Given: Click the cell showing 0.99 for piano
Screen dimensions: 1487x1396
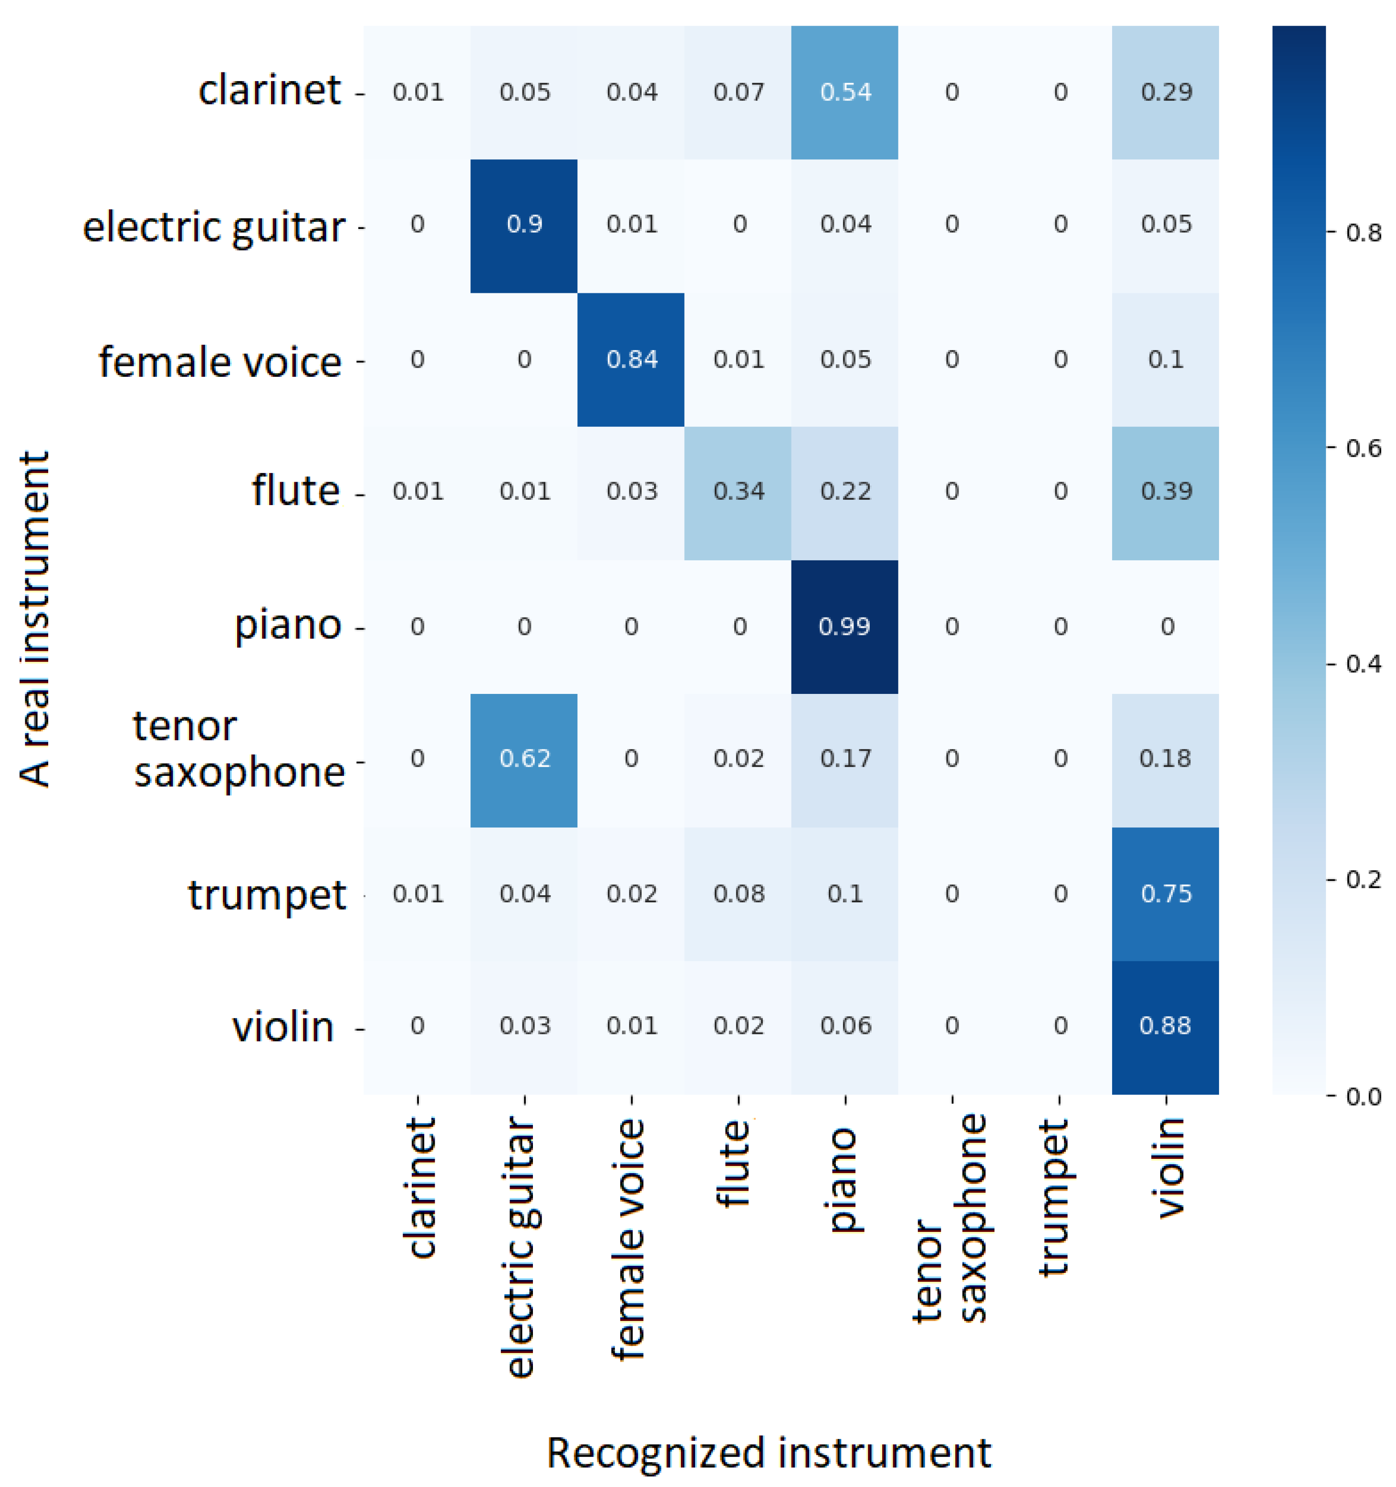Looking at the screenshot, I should [844, 626].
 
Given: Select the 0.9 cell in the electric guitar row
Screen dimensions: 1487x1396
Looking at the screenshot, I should [524, 225].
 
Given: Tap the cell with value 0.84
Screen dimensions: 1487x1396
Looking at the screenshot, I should [631, 360].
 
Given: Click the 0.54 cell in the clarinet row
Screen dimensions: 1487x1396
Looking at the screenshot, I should [844, 92].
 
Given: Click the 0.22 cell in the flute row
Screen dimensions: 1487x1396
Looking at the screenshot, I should [844, 491].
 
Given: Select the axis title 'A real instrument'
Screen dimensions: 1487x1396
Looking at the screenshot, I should [34, 619].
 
